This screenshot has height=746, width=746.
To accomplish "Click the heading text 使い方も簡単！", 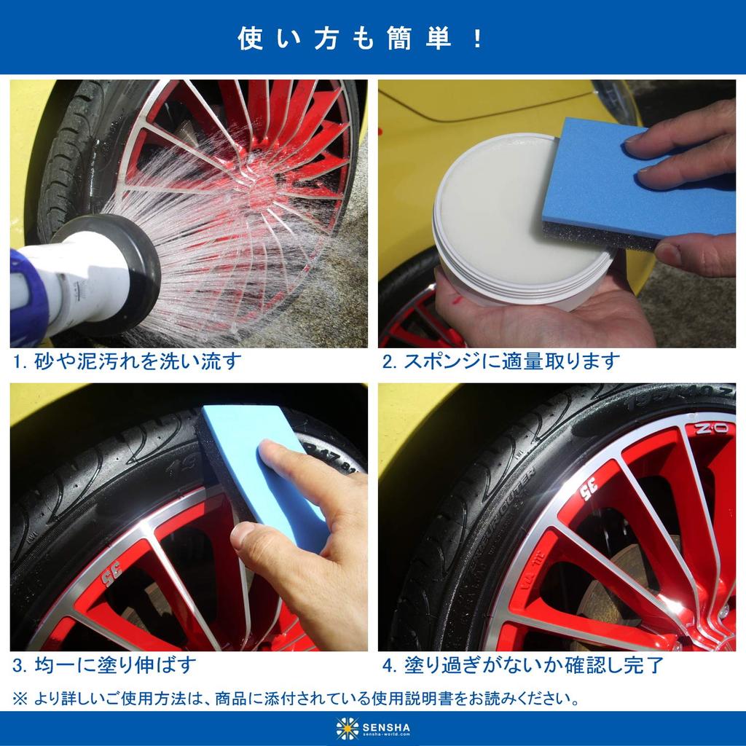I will point(361,38).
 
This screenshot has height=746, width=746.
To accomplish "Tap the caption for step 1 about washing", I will point(127,361).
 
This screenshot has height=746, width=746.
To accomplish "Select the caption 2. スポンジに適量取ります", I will point(501,361).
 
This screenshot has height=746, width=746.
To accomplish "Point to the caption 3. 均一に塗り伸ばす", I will point(105,665).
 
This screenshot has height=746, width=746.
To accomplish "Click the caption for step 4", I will point(522,665).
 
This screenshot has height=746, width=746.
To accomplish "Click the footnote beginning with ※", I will point(297,699).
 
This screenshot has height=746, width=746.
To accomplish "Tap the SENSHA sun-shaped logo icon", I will point(348,729).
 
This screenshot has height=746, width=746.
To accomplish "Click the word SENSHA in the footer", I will point(386,725).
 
